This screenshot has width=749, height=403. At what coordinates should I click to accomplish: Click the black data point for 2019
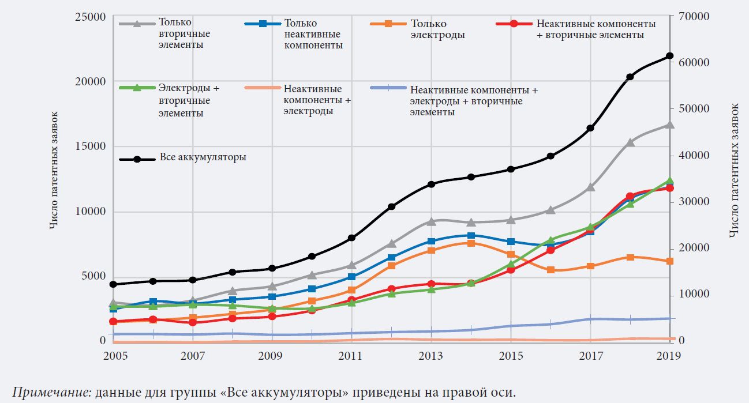pyautogui.click(x=669, y=56)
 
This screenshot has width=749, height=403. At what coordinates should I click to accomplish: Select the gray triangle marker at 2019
pyautogui.click(x=669, y=125)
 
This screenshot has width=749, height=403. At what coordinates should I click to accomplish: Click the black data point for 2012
pyautogui.click(x=391, y=206)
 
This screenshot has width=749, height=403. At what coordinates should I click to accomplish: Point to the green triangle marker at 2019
pyautogui.click(x=669, y=181)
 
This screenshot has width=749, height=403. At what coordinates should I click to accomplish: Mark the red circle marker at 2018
pyautogui.click(x=630, y=197)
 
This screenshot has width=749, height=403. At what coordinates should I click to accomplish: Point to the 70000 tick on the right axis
pyautogui.click(x=693, y=16)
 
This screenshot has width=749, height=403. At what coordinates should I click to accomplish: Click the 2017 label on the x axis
pyautogui.click(x=590, y=356)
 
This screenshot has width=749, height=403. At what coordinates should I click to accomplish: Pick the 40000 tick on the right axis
pyautogui.click(x=693, y=156)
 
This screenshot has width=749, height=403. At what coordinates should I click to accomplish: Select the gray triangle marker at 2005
pyautogui.click(x=113, y=303)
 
